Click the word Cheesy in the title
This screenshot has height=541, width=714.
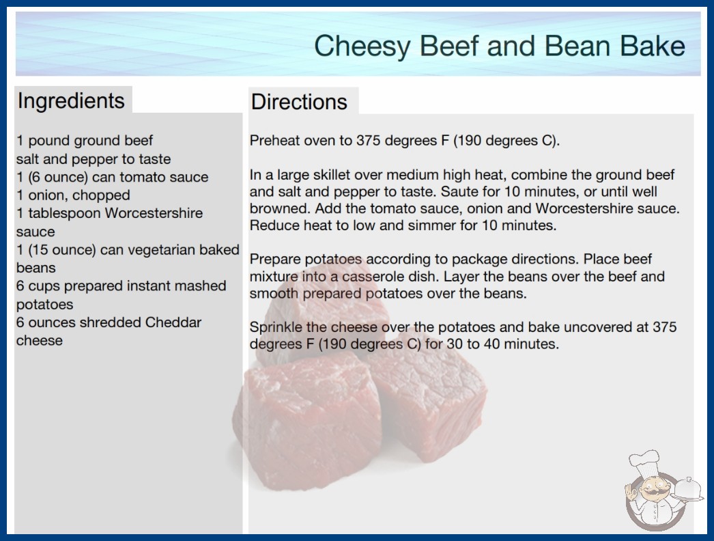pos(362,46)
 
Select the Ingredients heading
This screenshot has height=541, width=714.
pos(71,101)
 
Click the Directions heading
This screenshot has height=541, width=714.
pos(299,102)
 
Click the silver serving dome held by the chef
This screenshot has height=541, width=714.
pos(687,489)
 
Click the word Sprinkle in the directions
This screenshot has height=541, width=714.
pos(276,327)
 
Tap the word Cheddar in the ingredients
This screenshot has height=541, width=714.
pos(173,322)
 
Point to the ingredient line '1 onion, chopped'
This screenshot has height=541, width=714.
pos(73,195)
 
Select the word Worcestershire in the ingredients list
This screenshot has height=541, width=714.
pos(154,213)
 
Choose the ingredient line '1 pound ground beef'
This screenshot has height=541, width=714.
pos(85,141)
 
